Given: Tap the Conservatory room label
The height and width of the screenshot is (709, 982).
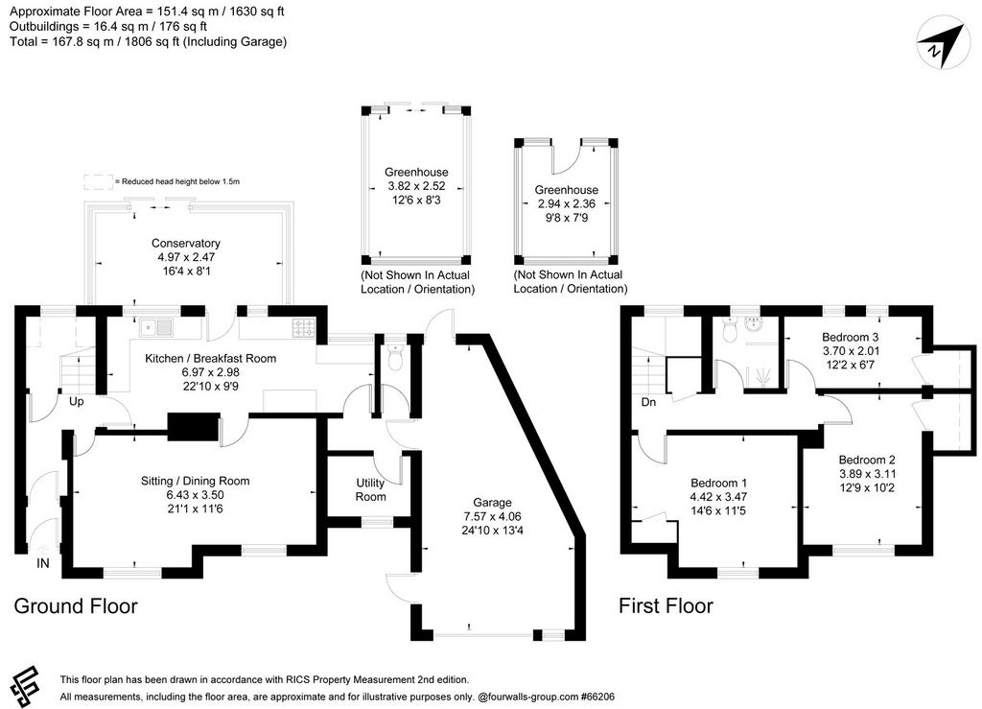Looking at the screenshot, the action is pyautogui.click(x=185, y=243).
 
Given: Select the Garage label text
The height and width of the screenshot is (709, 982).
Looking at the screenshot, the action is pyautogui.click(x=492, y=503).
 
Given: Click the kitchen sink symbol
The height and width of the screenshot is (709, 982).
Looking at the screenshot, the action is pyautogui.click(x=156, y=327).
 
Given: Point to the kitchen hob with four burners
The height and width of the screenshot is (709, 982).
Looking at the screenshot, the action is pyautogui.click(x=304, y=327).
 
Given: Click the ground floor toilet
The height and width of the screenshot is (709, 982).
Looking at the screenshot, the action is pyautogui.click(x=394, y=357).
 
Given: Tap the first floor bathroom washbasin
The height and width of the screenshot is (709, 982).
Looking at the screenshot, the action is pyautogui.click(x=754, y=324).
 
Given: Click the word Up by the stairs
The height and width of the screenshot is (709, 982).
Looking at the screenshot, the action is pyautogui.click(x=77, y=401).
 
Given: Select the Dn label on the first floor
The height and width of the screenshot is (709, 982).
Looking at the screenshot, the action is pyautogui.click(x=649, y=402).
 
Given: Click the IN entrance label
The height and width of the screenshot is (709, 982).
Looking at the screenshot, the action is pyautogui.click(x=42, y=564).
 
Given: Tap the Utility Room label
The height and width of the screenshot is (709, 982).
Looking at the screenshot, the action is pyautogui.click(x=371, y=490).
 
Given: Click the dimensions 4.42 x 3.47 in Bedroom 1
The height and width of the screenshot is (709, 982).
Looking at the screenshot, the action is pyautogui.click(x=719, y=497).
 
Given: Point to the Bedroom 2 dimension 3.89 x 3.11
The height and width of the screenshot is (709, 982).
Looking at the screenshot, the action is pyautogui.click(x=867, y=474).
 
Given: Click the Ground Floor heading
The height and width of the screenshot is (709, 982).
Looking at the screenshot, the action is pyautogui.click(x=76, y=606).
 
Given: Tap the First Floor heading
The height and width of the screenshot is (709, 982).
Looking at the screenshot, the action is pyautogui.click(x=666, y=606).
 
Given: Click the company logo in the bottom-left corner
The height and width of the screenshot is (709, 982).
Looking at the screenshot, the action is pyautogui.click(x=24, y=686).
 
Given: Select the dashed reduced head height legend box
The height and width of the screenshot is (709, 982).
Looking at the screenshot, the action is pyautogui.click(x=99, y=182).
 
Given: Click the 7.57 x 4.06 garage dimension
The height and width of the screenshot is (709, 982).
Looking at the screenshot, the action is pyautogui.click(x=492, y=517).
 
